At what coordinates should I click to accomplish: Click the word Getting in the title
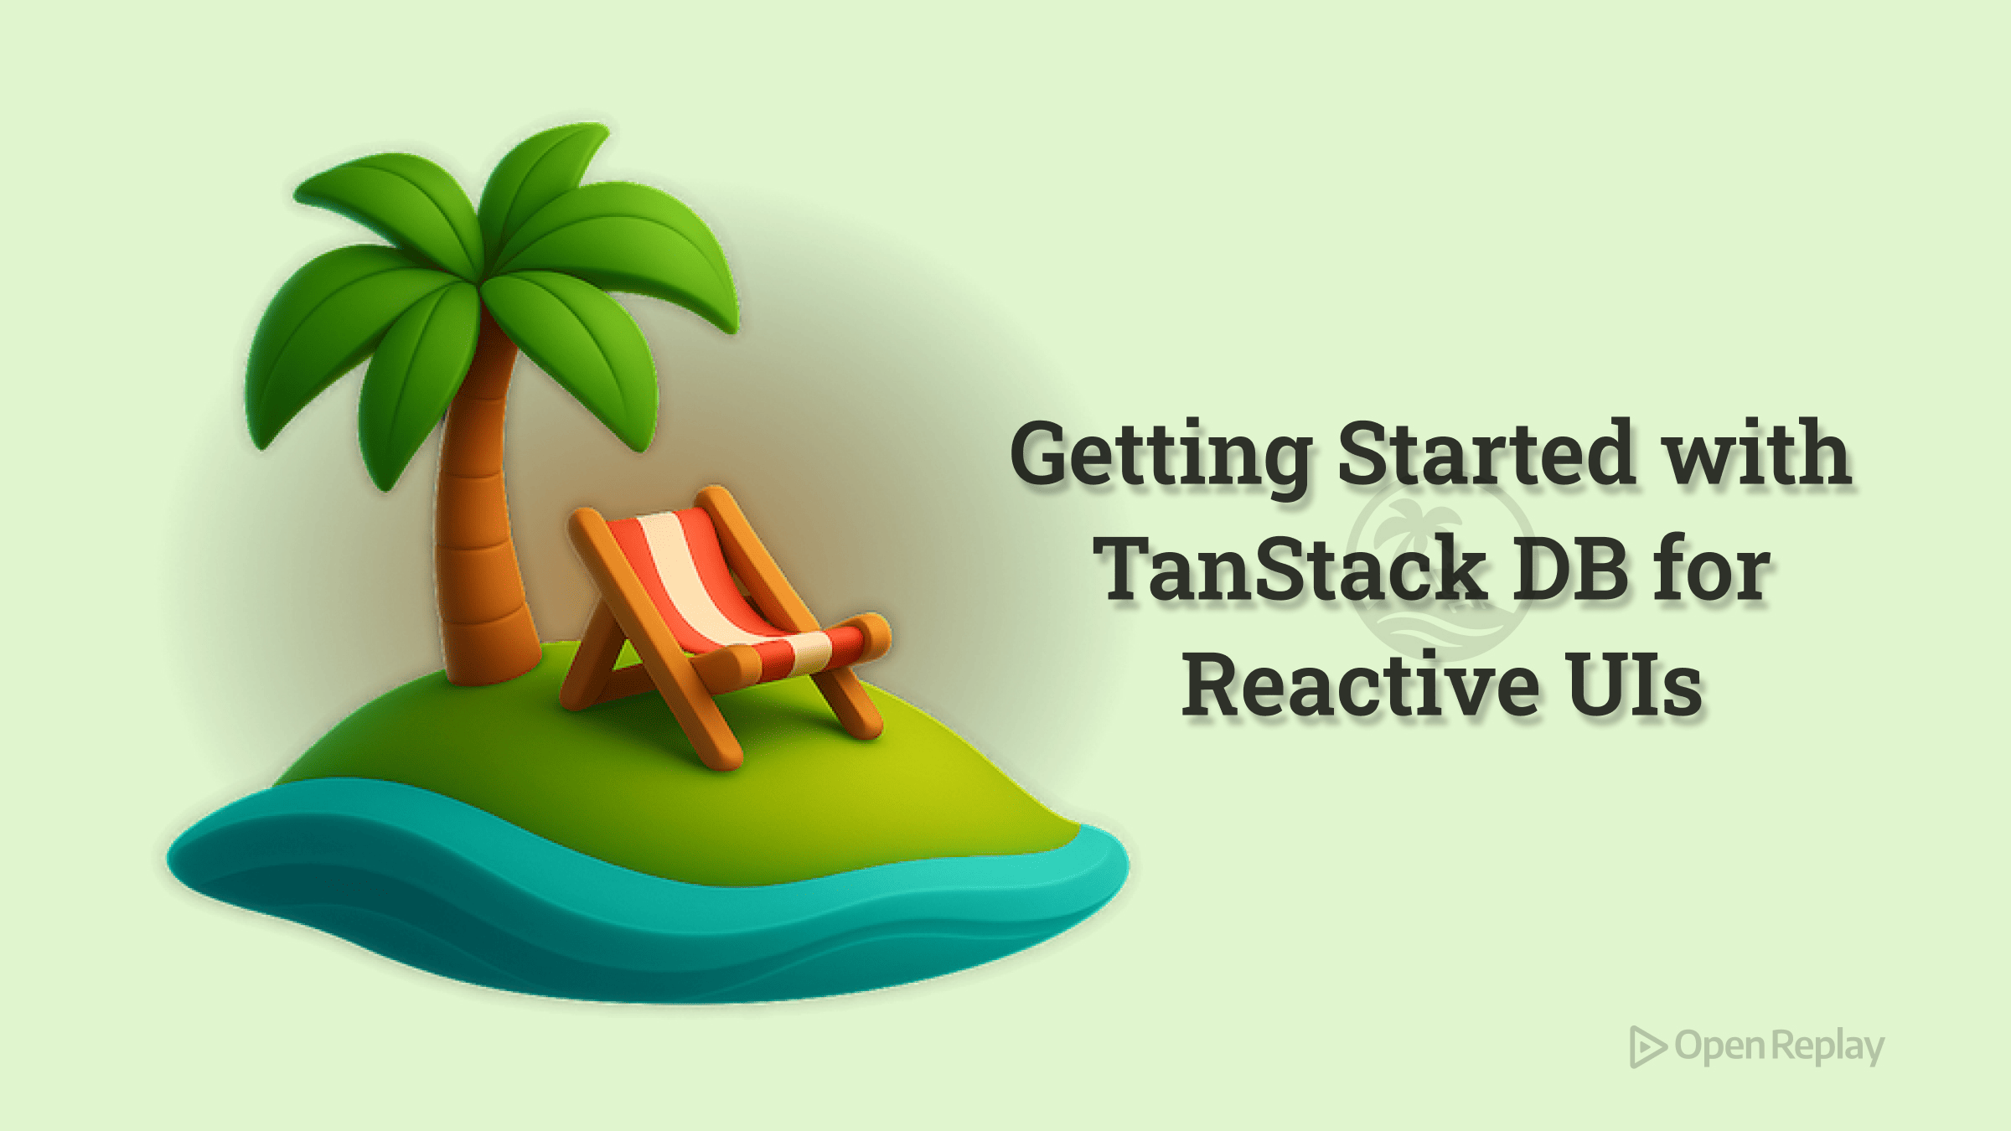point(1161,456)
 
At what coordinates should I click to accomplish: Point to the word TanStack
point(1290,569)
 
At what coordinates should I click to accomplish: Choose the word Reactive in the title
point(1360,685)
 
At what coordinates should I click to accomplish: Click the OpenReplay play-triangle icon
point(1647,1046)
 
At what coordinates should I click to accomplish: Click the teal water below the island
point(645,930)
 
